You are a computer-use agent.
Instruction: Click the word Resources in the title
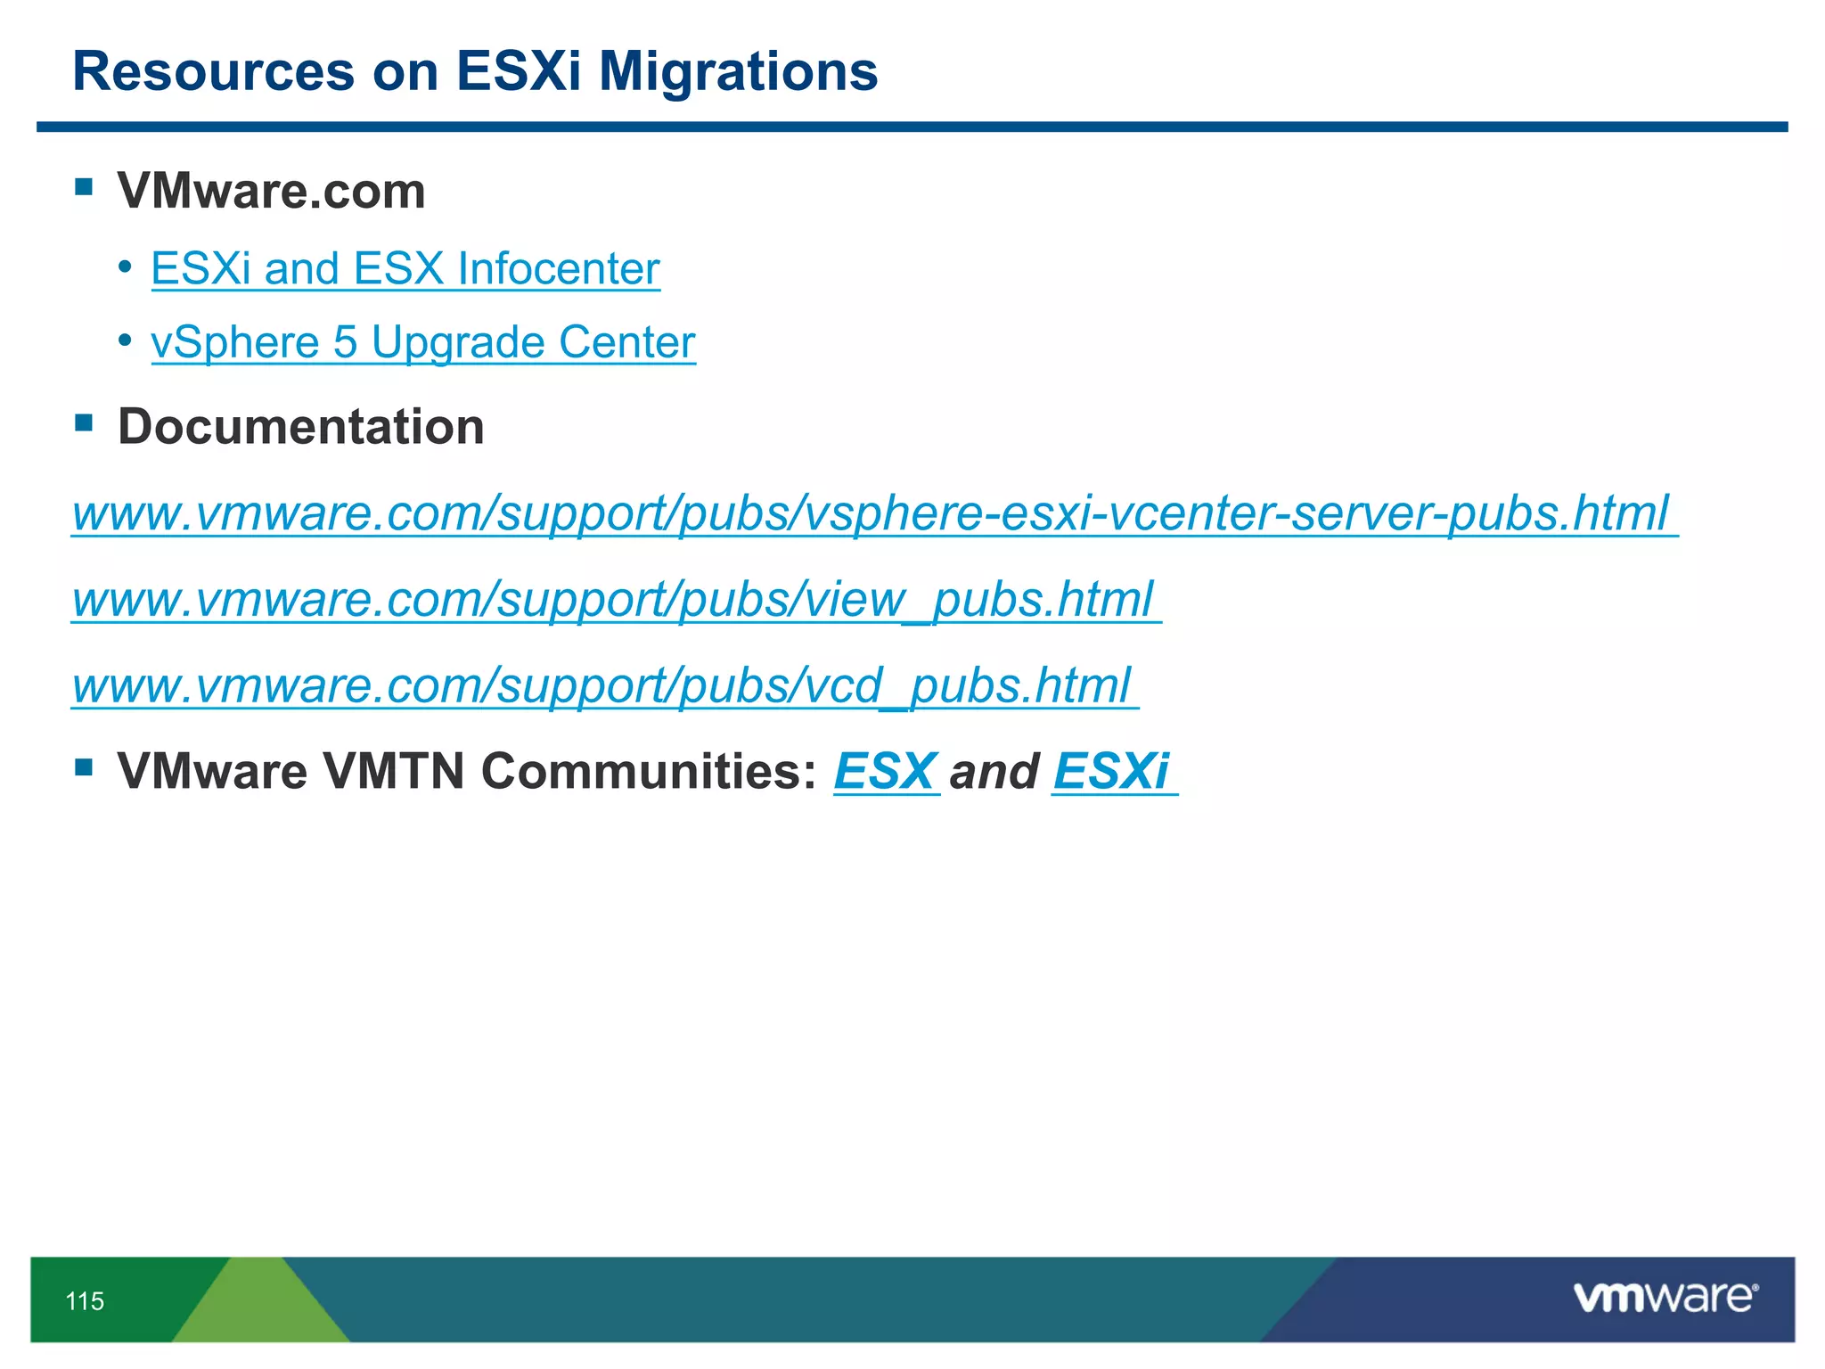(213, 71)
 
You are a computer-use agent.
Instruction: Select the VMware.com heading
(272, 191)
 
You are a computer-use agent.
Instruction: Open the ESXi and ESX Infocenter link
(405, 268)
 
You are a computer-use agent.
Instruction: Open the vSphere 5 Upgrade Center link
(423, 342)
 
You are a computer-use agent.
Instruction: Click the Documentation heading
(301, 426)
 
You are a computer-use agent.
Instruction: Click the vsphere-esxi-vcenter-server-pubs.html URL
(873, 513)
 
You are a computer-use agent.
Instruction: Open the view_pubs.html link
(615, 599)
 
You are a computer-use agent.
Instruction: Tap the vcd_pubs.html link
(603, 685)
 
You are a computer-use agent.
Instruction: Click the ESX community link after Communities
(885, 771)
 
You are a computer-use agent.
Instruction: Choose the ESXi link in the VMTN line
(1111, 771)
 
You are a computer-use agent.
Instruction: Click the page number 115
(85, 1301)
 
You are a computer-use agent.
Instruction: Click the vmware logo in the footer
(1665, 1297)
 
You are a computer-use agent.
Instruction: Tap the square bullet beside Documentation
(84, 422)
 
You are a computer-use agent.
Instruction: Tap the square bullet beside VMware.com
(84, 186)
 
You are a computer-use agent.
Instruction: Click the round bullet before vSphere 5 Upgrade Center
(126, 340)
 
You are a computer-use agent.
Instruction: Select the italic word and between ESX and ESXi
(994, 771)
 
